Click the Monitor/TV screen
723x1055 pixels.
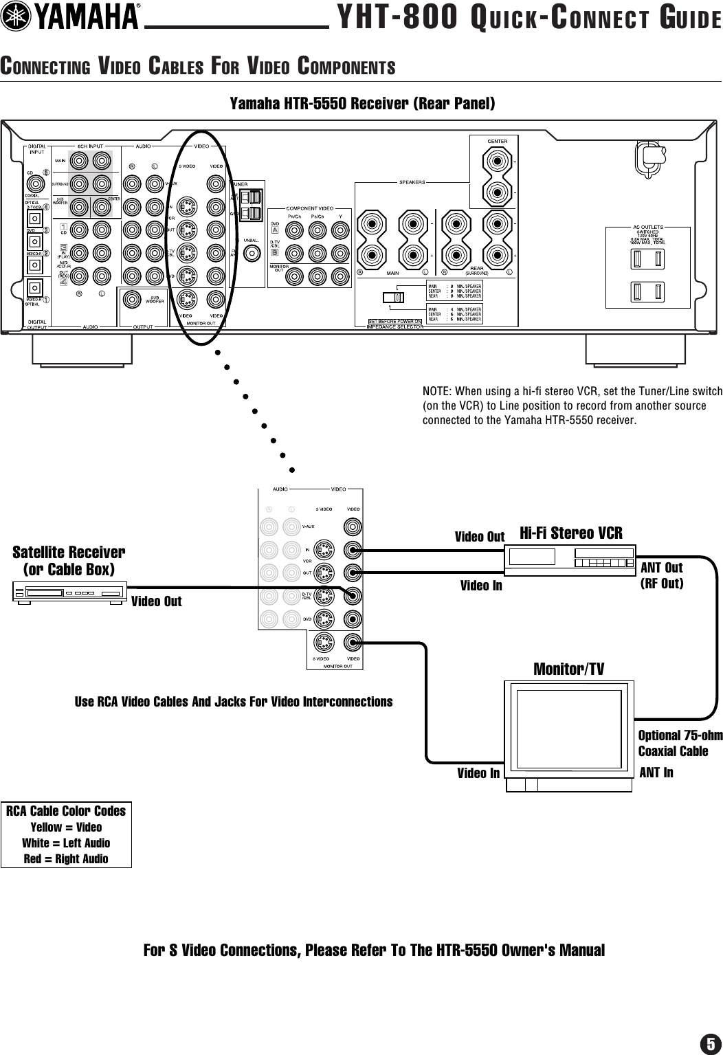point(568,729)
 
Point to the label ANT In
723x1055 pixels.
point(656,773)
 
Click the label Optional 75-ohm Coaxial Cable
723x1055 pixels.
point(680,743)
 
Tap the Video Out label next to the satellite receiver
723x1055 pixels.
point(157,601)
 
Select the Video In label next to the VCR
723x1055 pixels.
point(481,586)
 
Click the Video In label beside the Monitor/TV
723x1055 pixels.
point(479,773)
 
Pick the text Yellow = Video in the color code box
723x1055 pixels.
point(66,827)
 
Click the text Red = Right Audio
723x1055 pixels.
point(66,858)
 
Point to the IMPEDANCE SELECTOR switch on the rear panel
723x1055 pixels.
point(392,298)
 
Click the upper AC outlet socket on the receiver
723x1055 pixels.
point(647,259)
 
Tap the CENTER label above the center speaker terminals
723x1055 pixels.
point(497,142)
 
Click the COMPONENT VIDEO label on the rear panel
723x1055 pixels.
point(309,208)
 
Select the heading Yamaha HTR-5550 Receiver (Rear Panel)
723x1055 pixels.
point(361,104)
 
